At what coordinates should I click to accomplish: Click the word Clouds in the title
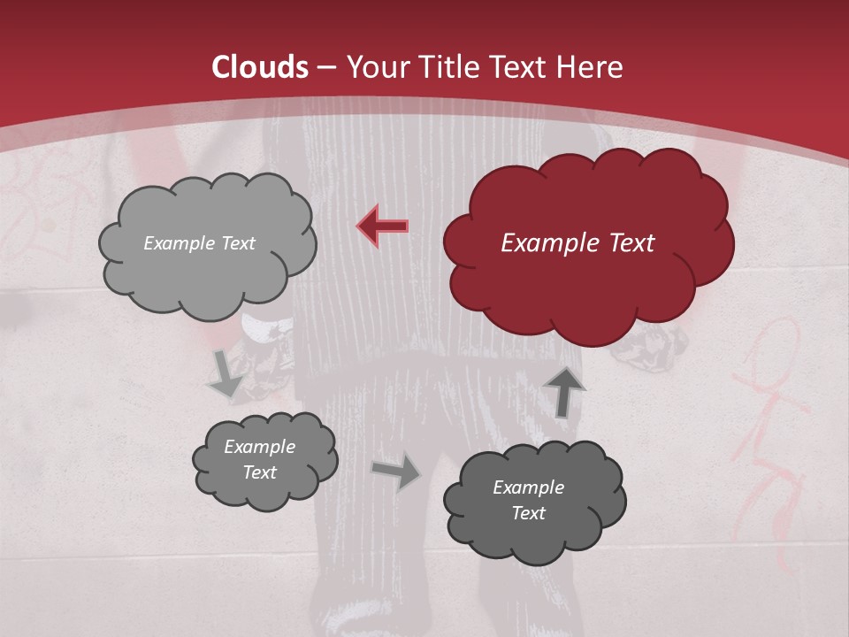260,67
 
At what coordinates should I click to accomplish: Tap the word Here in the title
591,67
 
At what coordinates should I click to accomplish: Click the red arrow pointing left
383,226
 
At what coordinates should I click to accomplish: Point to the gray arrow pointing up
563,390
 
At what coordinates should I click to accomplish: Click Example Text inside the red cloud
577,243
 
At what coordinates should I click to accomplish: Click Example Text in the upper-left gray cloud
199,243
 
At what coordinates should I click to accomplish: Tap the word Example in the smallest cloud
259,448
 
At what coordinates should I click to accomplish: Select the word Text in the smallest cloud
259,472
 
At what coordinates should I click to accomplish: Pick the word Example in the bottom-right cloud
528,487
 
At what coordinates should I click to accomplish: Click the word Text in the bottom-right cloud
528,513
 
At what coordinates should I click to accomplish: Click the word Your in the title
372,67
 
